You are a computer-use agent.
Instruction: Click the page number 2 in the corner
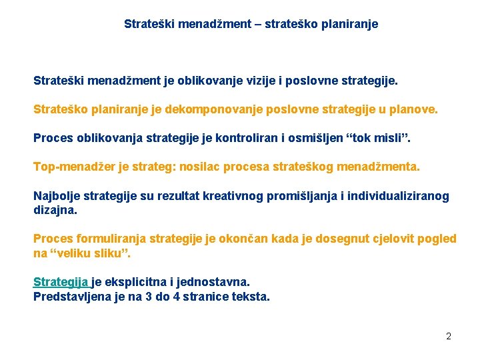point(449,336)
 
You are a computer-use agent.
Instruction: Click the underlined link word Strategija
point(61,282)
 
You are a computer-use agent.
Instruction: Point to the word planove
point(411,109)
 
